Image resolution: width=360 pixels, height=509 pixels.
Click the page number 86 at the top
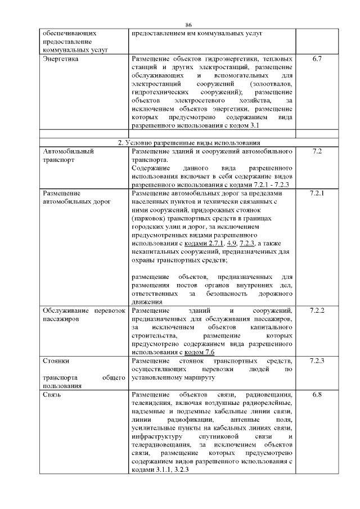[x=188, y=25]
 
